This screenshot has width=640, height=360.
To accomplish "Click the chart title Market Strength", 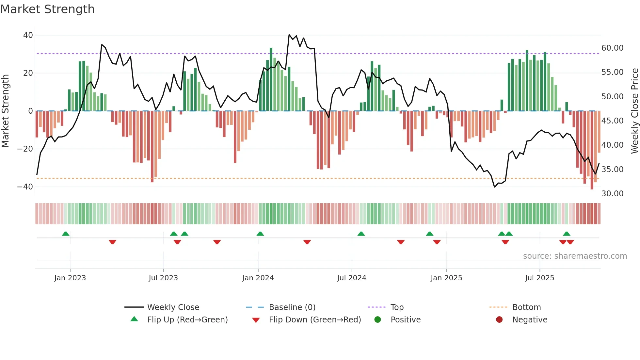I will [47, 9].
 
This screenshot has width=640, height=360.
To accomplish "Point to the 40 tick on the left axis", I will [28, 35].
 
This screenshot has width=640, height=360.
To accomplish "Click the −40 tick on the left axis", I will [25, 187].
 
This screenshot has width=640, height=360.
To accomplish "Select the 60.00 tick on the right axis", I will [612, 48].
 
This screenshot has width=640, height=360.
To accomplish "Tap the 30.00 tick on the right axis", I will [612, 194].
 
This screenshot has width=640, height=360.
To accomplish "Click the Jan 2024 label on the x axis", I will [258, 278].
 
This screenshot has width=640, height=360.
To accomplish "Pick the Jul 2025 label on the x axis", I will [539, 278].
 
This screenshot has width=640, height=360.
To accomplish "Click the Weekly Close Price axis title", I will [634, 111].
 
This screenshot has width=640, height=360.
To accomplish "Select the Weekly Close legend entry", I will [173, 307].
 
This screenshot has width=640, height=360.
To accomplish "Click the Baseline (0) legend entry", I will [292, 307].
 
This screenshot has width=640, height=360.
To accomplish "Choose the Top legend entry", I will [397, 307].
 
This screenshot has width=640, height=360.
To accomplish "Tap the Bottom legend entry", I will [526, 307].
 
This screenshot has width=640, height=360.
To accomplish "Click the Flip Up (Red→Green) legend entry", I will [187, 320].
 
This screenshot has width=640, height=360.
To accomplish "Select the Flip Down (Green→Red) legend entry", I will [314, 320].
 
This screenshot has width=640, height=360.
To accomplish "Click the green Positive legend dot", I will [377, 320].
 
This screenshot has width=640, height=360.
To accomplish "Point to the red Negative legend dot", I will [499, 320].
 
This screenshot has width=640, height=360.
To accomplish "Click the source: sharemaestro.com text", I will [575, 256].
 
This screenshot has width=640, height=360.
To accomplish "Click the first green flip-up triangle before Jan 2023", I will [66, 234].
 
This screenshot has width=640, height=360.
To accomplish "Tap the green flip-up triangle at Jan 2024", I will [260, 234].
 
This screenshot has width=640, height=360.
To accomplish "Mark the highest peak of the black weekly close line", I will [289, 35].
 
